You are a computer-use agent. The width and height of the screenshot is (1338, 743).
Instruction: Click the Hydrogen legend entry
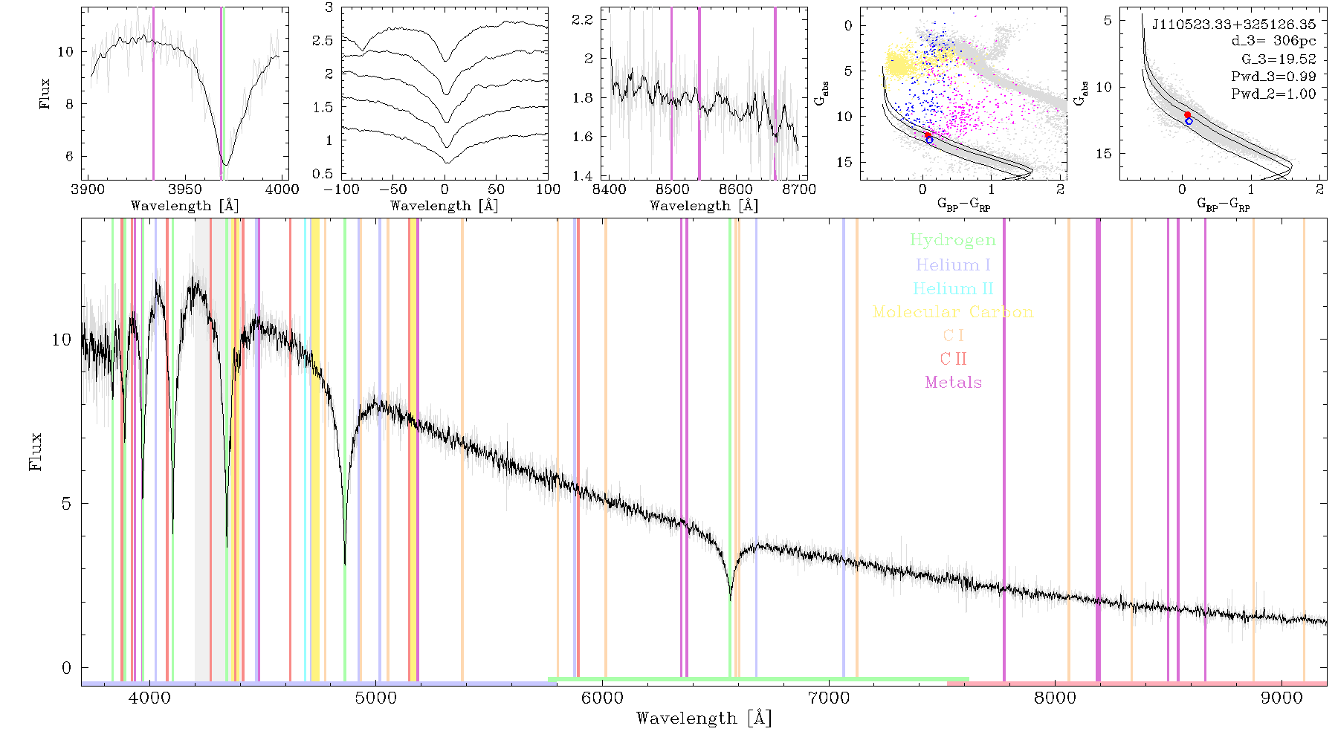point(953,241)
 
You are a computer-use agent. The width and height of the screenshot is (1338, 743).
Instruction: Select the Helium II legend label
point(953,288)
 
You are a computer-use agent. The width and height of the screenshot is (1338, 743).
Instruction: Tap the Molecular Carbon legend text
point(953,312)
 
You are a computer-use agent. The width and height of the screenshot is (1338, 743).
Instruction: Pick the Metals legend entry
point(954,383)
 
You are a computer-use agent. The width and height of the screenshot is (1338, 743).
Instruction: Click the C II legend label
point(954,359)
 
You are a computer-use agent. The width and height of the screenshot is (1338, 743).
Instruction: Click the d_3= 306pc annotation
point(1273,42)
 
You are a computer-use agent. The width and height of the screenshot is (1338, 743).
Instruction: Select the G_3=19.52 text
point(1279,59)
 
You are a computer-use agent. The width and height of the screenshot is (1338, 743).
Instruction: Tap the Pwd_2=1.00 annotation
point(1273,94)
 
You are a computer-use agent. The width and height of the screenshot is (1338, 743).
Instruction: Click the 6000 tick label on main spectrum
point(603,698)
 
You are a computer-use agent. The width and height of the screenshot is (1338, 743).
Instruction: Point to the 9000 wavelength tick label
point(1282,698)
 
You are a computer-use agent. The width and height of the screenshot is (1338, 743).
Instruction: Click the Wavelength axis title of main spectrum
point(704,718)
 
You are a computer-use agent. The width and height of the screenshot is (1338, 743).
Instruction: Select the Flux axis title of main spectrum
point(35,451)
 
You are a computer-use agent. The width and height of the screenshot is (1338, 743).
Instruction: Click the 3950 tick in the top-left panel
point(185,189)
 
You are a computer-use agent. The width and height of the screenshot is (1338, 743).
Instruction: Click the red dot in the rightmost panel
point(1187,114)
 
